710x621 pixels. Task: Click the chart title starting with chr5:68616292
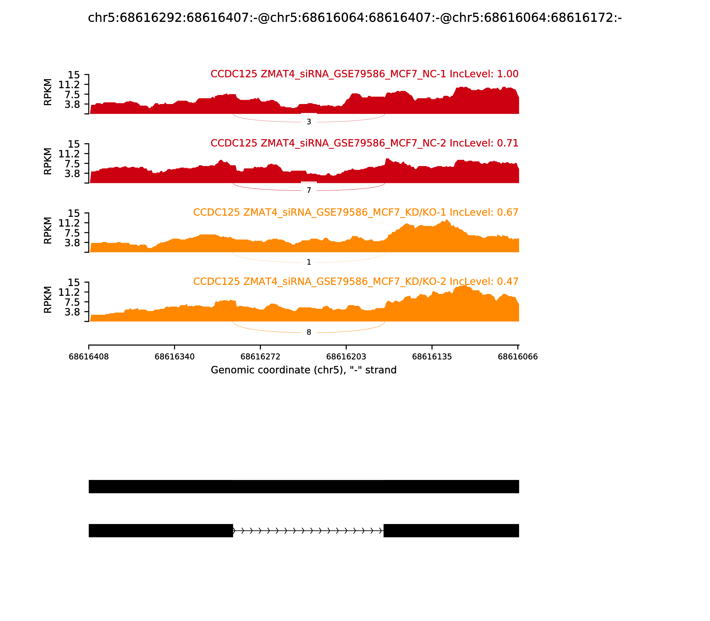click(x=355, y=18)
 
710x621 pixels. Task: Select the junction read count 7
click(x=309, y=190)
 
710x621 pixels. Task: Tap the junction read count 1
click(x=309, y=262)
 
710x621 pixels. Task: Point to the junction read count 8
click(x=309, y=332)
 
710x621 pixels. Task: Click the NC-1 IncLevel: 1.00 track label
click(x=364, y=74)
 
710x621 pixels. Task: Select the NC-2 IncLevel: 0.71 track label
click(x=364, y=143)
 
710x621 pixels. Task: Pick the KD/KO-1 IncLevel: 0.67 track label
click(x=356, y=212)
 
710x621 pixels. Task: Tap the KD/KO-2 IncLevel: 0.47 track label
click(x=356, y=281)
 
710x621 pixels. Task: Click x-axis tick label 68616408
click(x=89, y=357)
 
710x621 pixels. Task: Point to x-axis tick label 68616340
click(x=174, y=357)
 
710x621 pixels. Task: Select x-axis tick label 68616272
click(x=260, y=357)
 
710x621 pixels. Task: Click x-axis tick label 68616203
click(x=346, y=357)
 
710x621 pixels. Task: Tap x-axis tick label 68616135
click(x=432, y=357)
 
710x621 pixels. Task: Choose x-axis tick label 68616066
click(x=518, y=357)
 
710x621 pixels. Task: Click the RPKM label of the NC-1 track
click(x=48, y=92)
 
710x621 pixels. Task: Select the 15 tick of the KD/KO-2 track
click(x=73, y=282)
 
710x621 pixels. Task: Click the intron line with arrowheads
click(x=308, y=531)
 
